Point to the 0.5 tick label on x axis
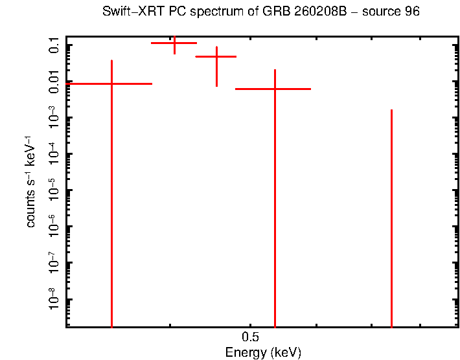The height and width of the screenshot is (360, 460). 250,337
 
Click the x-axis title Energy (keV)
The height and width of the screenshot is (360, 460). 263,353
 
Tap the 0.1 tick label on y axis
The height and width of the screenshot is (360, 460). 54,45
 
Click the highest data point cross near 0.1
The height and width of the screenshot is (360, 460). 174,43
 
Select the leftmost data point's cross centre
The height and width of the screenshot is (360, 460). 112,84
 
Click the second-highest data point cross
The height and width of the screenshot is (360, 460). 216,57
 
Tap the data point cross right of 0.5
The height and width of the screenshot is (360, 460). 275,89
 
